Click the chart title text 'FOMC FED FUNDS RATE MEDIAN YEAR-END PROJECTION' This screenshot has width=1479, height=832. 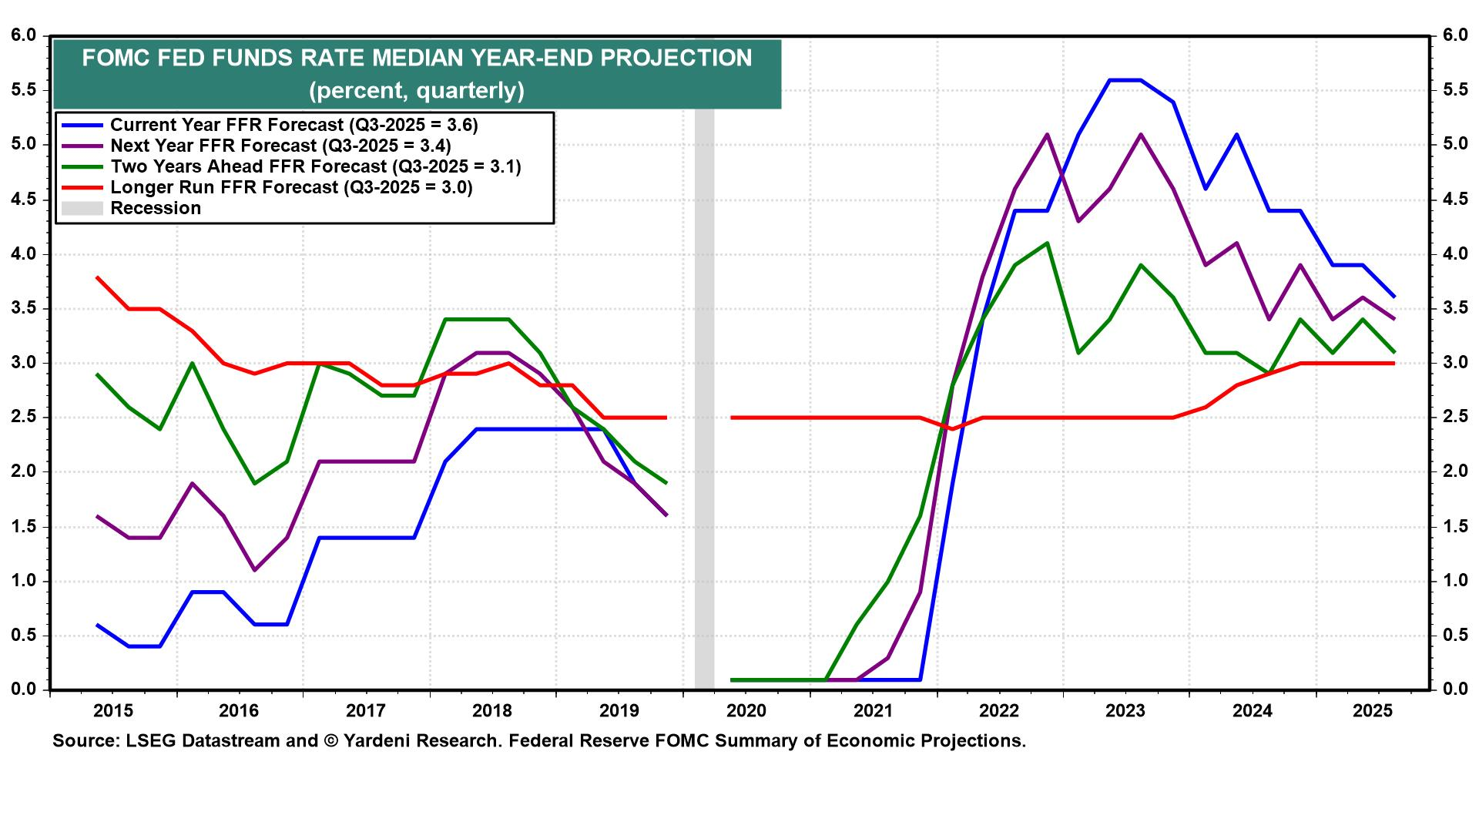pos(417,59)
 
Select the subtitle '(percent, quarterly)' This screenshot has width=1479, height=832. pos(417,91)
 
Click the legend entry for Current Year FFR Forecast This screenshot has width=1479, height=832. pos(293,125)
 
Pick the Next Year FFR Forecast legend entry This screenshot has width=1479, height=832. pos(280,146)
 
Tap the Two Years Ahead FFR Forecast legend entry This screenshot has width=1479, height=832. pos(315,166)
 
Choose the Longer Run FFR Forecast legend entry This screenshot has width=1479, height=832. pos(291,187)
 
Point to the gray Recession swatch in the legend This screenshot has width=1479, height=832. pos(81,208)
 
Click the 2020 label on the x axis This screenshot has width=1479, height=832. pos(746,710)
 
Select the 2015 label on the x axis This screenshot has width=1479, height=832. pos(113,710)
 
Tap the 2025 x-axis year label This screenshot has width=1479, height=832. pos(1372,710)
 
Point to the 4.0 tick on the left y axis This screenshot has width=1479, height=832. pos(25,254)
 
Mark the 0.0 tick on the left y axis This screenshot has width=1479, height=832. pos(25,689)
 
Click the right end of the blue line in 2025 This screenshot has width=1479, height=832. pos(1393,297)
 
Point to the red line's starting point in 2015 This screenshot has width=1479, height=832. pos(97,277)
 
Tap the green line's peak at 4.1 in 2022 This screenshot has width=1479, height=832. pos(1046,243)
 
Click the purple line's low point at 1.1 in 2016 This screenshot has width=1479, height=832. pos(255,570)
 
